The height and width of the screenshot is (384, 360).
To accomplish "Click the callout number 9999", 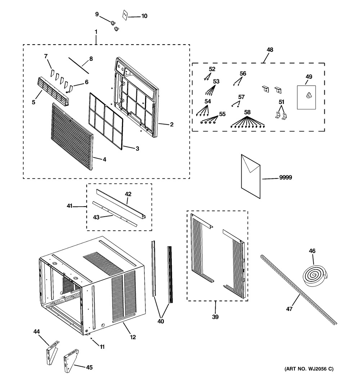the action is click(x=285, y=177).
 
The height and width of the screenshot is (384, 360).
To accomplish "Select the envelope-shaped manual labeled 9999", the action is click(x=251, y=176).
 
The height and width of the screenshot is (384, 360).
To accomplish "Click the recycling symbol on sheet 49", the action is click(x=309, y=95).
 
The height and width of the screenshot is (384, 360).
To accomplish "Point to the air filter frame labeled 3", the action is click(x=106, y=121).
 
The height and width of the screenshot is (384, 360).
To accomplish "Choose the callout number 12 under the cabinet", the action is click(x=133, y=337).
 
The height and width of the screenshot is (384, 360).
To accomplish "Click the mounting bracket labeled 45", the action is click(x=71, y=361).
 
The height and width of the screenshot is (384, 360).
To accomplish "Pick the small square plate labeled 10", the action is click(x=125, y=15).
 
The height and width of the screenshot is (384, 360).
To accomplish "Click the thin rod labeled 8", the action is click(x=78, y=65).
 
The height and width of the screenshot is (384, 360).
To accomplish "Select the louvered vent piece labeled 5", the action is click(x=53, y=92).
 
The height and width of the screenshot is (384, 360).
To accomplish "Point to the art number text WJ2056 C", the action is click(x=309, y=369).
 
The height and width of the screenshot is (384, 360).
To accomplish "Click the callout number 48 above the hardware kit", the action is click(x=270, y=50).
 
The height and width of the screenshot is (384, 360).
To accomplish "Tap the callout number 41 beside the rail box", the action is click(x=69, y=206).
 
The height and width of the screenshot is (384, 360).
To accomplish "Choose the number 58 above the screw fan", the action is click(x=247, y=112).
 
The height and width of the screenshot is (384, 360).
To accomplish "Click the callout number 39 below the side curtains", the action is click(x=215, y=317).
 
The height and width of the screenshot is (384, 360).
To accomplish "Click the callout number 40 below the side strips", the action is click(x=161, y=321).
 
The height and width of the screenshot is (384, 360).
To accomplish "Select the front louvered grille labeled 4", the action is click(x=72, y=136).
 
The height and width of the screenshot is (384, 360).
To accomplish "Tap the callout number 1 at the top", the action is click(x=96, y=32).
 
